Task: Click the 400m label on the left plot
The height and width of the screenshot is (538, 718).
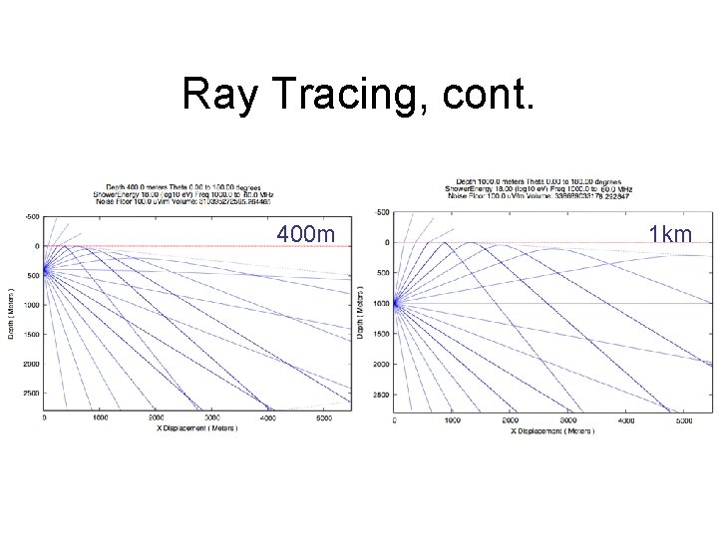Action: coord(307,234)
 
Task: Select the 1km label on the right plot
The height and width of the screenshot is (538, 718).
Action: coord(669,234)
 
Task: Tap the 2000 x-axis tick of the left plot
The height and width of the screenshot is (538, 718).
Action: coord(156,417)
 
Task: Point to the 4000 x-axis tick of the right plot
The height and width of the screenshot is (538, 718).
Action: coord(626,421)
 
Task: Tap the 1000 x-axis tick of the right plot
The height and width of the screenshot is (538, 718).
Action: coord(452,421)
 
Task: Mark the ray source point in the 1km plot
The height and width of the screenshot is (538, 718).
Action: coord(396,303)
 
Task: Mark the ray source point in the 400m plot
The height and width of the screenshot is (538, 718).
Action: coord(45,269)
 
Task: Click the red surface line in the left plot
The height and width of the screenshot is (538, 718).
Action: coord(199,246)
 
